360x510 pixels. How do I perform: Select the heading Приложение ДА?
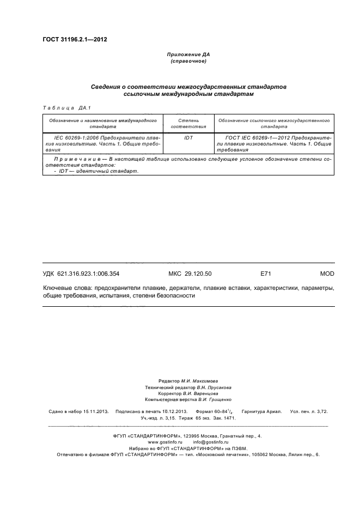[x=188, y=55]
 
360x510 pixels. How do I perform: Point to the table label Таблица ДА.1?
[x=58, y=108]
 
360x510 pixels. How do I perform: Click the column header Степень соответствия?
[x=188, y=123]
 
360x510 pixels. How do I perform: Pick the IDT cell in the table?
[x=188, y=138]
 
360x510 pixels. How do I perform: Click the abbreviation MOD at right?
[x=327, y=274]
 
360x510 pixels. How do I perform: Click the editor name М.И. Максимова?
[x=200, y=381]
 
